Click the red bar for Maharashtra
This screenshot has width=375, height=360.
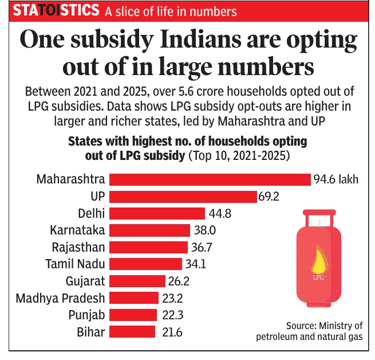(210, 179)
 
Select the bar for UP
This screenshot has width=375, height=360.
(183, 197)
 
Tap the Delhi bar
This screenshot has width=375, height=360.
(157, 213)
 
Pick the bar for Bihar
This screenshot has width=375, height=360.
(132, 331)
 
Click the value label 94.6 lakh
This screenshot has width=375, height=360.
(335, 179)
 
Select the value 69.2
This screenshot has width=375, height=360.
(270, 197)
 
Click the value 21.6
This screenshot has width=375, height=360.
(169, 331)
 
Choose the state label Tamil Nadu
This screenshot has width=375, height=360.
(75, 264)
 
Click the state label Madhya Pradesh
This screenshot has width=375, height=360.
(60, 298)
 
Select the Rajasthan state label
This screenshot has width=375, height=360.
(78, 247)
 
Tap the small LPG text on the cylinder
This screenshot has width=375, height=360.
(319, 278)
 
